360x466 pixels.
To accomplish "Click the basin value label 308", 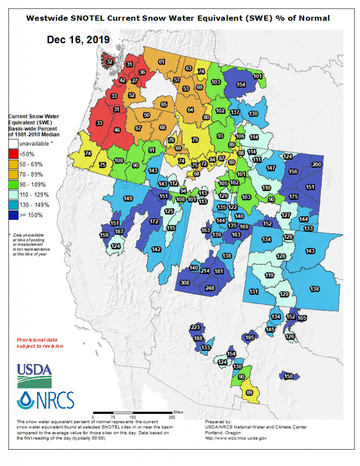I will (x=184, y=283).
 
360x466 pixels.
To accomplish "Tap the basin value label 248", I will (x=210, y=288).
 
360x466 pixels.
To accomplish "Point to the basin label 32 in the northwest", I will (x=109, y=61).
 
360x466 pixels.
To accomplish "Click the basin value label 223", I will (x=195, y=328).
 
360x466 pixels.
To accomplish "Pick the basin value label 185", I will (x=249, y=338).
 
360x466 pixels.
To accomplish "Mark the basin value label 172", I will (x=154, y=222).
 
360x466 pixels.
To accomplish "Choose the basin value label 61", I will (x=161, y=61).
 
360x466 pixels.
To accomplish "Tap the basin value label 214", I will (x=205, y=271).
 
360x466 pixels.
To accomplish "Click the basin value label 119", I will (x=269, y=275).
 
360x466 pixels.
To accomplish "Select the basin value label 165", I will (x=302, y=318).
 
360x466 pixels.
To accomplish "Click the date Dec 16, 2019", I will (x=78, y=40).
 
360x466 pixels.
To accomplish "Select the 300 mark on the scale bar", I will (x=171, y=416).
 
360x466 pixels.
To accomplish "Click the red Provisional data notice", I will (x=40, y=343).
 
